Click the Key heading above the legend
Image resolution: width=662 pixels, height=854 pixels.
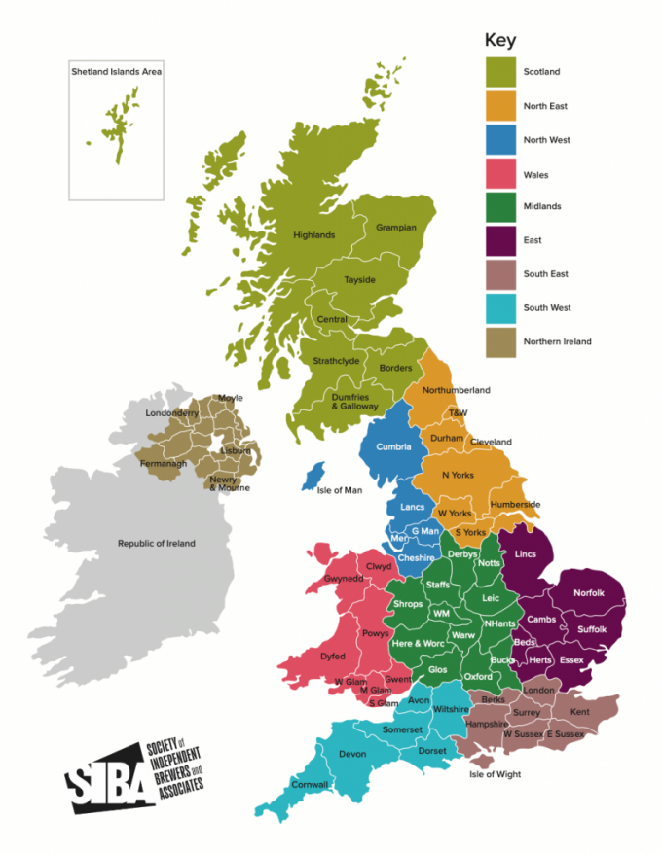point(500,41)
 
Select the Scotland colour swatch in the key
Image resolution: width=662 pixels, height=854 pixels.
point(500,72)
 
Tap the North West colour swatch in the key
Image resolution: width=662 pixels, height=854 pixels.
point(500,139)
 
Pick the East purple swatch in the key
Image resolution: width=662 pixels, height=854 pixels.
point(500,240)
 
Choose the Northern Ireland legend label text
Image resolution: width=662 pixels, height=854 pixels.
point(557,341)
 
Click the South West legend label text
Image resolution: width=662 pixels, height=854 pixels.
point(547,308)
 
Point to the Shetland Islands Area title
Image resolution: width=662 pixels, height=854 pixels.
point(116,71)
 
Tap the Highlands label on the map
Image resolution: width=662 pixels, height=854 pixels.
point(313,235)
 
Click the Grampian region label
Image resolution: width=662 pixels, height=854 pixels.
point(396,228)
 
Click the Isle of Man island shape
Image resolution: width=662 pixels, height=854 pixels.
point(313,477)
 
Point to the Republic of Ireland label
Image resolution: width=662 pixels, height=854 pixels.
point(156,543)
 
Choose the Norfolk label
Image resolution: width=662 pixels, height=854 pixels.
point(588,592)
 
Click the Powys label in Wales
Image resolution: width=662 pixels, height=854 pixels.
point(375,633)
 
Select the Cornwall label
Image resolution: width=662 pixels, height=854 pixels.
point(310,785)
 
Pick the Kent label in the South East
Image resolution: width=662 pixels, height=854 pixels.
point(579,713)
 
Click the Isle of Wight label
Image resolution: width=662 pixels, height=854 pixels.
point(495,774)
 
